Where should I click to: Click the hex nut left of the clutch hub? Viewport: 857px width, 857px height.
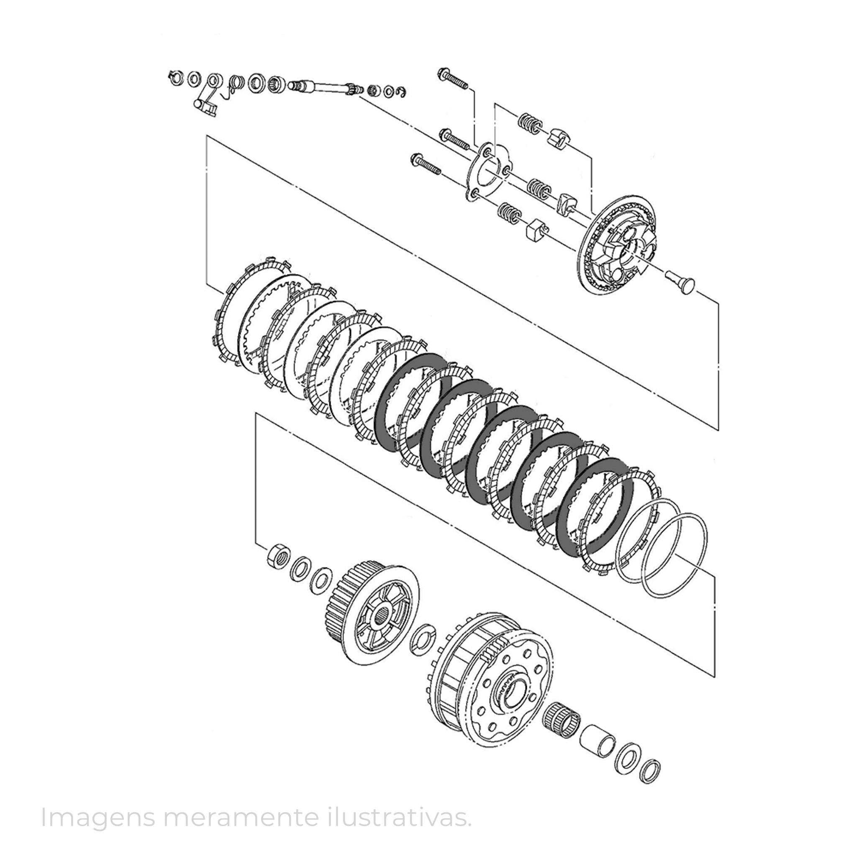tap(278, 555)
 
